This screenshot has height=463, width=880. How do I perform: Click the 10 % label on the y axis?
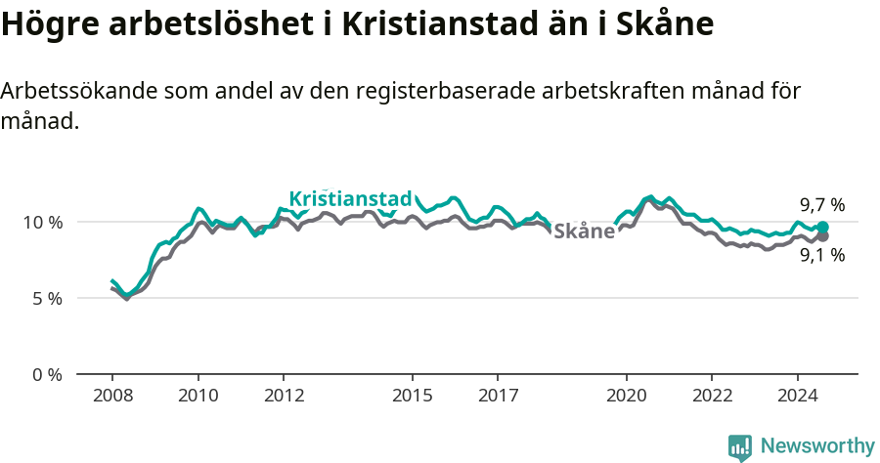click(42, 222)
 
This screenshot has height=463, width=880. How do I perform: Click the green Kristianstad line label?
click(350, 199)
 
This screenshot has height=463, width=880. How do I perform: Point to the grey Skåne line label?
click(584, 231)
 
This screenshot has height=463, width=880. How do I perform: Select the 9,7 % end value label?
click(821, 205)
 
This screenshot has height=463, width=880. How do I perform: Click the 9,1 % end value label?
click(821, 256)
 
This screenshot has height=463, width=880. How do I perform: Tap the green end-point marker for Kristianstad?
click(822, 227)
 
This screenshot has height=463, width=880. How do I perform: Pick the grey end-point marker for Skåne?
click(822, 236)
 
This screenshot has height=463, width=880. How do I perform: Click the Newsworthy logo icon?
click(739, 446)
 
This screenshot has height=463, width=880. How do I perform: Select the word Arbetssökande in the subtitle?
click(79, 92)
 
